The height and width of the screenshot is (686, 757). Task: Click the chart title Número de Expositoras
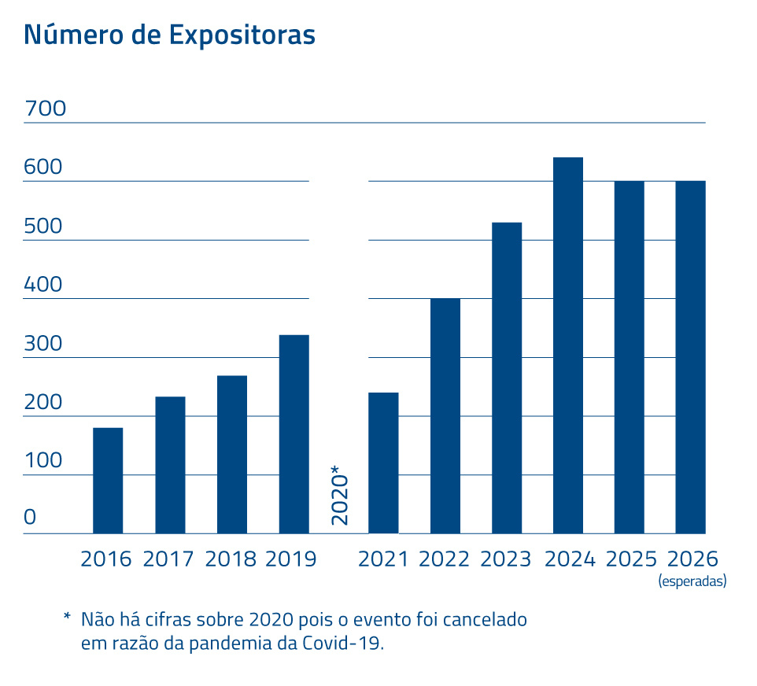point(169,35)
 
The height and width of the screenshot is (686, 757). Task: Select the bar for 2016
point(108,481)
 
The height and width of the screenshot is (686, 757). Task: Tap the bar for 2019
point(294,434)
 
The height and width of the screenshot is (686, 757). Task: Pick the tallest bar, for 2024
point(568,345)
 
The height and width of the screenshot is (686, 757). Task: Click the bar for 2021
point(383,463)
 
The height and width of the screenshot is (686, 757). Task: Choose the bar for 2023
point(507,378)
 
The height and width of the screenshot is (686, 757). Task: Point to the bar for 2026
point(691,357)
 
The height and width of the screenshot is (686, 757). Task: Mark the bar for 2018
point(232,455)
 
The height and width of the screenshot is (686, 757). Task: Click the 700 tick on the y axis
point(45,109)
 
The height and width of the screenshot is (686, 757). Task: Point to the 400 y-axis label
point(42,285)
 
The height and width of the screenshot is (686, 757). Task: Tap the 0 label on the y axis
point(31,518)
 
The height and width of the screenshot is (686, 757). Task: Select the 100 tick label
point(42,460)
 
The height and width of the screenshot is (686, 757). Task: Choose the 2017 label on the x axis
point(168,559)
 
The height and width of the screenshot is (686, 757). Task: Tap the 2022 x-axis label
point(445,559)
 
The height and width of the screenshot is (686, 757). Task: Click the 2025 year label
point(630,559)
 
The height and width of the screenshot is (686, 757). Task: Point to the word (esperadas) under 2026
point(692,582)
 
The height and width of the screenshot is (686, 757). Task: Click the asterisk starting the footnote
point(68,618)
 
